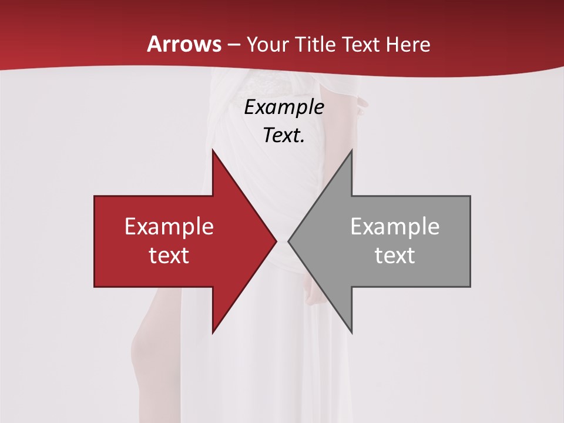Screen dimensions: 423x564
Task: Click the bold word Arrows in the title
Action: pyautogui.click(x=184, y=44)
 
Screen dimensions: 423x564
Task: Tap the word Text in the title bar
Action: pyautogui.click(x=361, y=45)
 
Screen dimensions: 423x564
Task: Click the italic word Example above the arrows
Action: pyautogui.click(x=284, y=107)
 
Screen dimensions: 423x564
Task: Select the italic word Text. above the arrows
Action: pyautogui.click(x=284, y=135)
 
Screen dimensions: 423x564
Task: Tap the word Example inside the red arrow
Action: pyautogui.click(x=169, y=227)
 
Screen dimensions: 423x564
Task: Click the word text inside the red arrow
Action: pyautogui.click(x=169, y=255)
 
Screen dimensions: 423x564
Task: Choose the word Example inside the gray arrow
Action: pyautogui.click(x=395, y=227)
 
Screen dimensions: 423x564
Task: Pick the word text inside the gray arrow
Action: pyautogui.click(x=395, y=255)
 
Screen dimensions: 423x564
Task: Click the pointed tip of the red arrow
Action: pyautogui.click(x=275, y=241)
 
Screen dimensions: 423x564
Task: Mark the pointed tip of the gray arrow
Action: pyautogui.click(x=290, y=241)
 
